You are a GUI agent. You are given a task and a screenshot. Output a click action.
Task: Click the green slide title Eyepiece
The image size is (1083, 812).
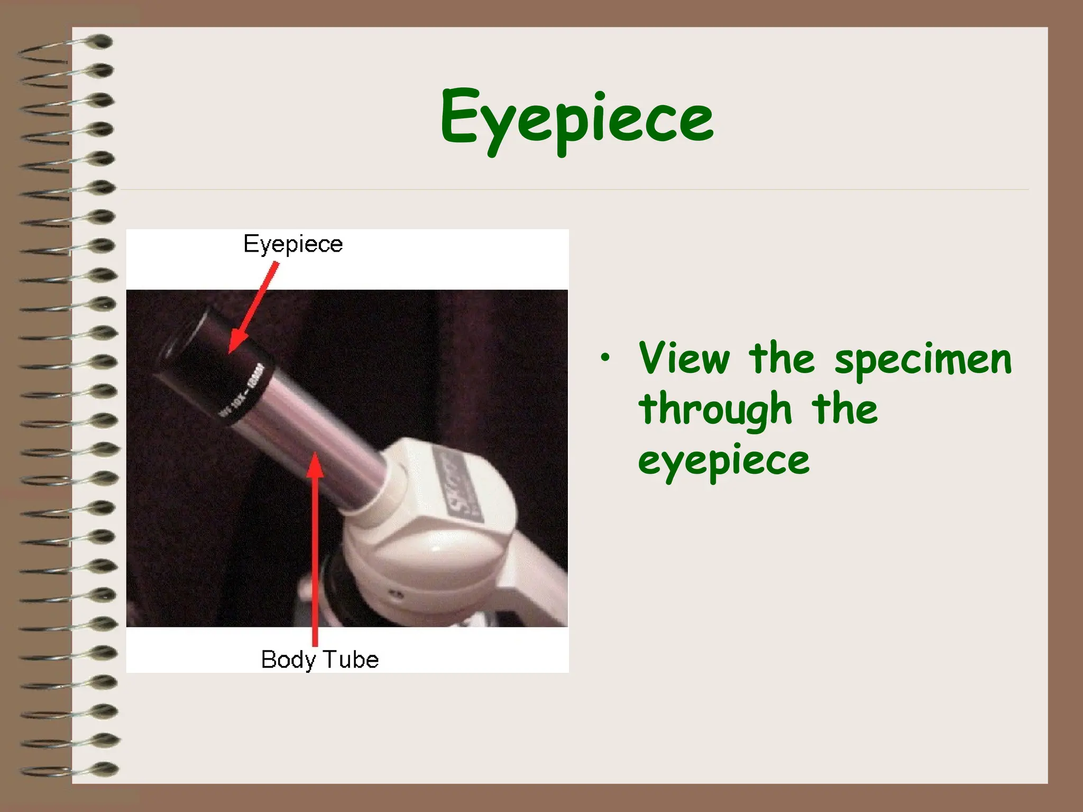pos(576,119)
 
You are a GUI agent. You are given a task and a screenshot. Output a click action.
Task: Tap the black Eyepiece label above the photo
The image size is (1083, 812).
pos(293,244)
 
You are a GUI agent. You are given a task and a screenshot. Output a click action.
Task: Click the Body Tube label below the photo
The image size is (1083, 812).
pos(320,659)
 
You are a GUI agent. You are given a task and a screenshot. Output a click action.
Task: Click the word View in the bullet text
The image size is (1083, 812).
pos(684,359)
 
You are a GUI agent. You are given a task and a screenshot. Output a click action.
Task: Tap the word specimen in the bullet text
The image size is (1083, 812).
pos(923,360)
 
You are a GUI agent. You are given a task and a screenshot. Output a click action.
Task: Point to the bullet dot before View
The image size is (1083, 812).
pos(605,358)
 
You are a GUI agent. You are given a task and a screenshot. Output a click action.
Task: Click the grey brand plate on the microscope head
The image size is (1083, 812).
pos(457,486)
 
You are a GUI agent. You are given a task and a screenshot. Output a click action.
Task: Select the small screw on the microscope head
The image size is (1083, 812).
pos(398,596)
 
